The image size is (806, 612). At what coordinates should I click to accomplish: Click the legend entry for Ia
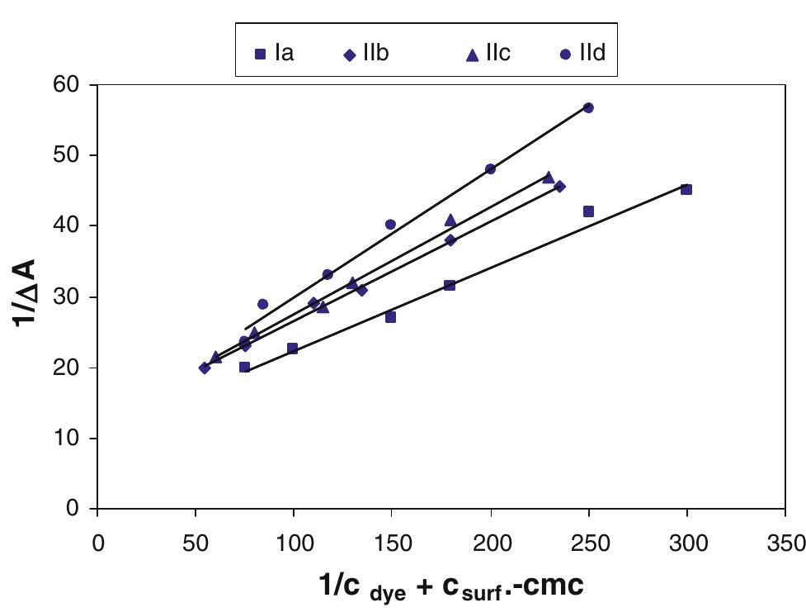click(x=276, y=55)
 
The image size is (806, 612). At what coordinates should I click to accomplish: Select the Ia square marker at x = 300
click(x=686, y=189)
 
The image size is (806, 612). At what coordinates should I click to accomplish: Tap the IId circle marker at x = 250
click(x=588, y=107)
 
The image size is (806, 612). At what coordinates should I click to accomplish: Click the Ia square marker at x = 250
click(x=588, y=211)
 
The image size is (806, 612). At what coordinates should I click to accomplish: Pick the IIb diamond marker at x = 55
click(x=205, y=368)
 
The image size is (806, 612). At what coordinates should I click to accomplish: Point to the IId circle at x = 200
click(x=491, y=168)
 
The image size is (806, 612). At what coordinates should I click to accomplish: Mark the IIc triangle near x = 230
click(x=549, y=177)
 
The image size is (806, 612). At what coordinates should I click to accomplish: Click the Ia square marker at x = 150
click(x=391, y=317)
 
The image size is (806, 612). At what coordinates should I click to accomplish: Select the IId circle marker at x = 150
click(x=391, y=225)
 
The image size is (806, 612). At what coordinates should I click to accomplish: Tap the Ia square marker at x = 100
click(x=293, y=349)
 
